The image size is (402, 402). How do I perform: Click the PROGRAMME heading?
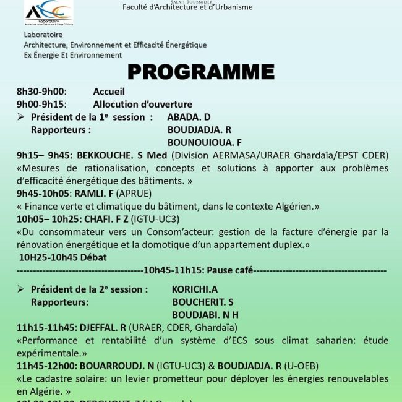point(200,72)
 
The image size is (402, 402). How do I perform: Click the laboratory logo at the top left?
point(49,12)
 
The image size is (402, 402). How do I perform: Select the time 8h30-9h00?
point(41,92)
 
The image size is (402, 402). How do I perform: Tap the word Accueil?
point(109,92)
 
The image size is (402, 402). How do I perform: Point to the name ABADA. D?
point(189,117)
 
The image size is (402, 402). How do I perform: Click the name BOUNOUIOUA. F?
point(204,142)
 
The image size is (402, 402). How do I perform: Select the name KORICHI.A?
point(195,289)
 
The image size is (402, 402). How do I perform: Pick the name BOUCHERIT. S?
point(203,302)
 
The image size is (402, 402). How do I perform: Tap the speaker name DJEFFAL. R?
point(103,327)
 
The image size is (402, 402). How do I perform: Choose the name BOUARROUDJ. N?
point(117,366)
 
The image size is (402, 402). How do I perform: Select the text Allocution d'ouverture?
point(142,104)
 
